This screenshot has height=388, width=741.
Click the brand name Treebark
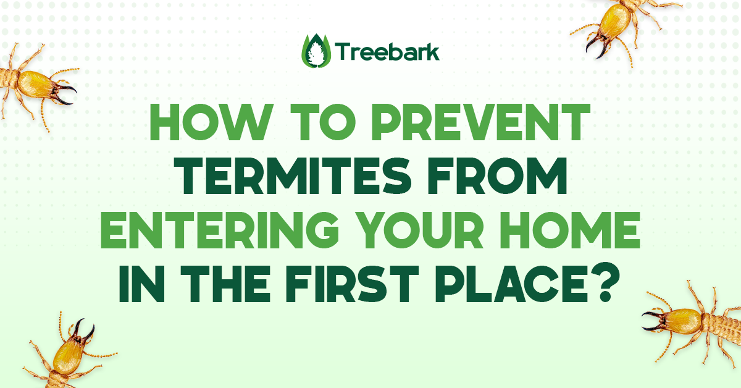[387, 52]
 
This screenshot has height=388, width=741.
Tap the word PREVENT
[480, 122]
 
